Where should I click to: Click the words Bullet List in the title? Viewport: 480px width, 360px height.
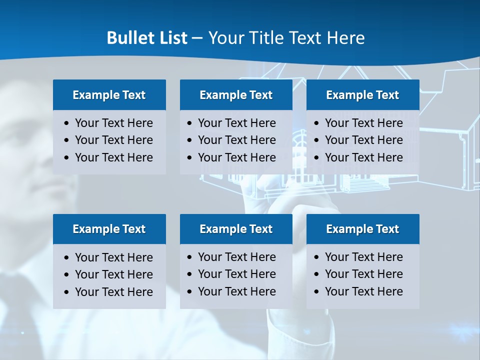tap(147, 38)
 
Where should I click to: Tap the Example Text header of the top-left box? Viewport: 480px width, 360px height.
tap(109, 95)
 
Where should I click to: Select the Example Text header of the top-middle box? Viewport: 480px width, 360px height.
tap(236, 95)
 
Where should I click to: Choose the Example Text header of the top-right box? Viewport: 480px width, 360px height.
tap(362, 95)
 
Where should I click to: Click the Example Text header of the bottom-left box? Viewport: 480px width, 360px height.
tap(109, 229)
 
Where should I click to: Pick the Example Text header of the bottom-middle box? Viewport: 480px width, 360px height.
tap(236, 229)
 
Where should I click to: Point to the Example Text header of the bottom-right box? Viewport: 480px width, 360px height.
tap(362, 229)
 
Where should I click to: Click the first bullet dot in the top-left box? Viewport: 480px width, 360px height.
tap(67, 123)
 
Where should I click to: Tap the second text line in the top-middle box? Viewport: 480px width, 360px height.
tap(236, 140)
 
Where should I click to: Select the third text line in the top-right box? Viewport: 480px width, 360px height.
tap(363, 157)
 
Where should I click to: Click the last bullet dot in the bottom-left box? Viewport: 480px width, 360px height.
tap(67, 292)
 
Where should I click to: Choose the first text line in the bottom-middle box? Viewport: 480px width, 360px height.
tap(236, 257)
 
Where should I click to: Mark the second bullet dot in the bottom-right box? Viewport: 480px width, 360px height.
tap(317, 274)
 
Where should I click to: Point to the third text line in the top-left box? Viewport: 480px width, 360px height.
tap(113, 157)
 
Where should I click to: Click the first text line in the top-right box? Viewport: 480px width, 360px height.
tap(363, 123)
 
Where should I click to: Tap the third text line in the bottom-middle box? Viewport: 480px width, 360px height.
tap(236, 291)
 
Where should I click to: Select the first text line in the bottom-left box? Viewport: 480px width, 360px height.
tap(113, 257)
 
